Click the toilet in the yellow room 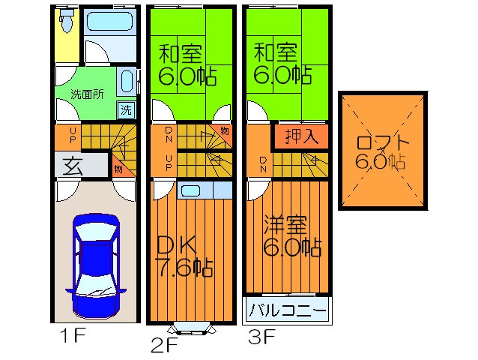tap(66, 22)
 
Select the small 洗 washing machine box tap(127, 109)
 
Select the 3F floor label tap(261, 337)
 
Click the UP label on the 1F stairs tap(72, 137)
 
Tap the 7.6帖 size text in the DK tap(184, 266)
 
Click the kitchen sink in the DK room tap(190, 190)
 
